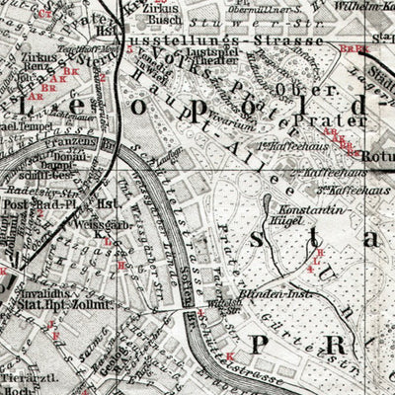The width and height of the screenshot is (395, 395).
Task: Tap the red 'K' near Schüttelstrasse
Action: pyautogui.click(x=229, y=355)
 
